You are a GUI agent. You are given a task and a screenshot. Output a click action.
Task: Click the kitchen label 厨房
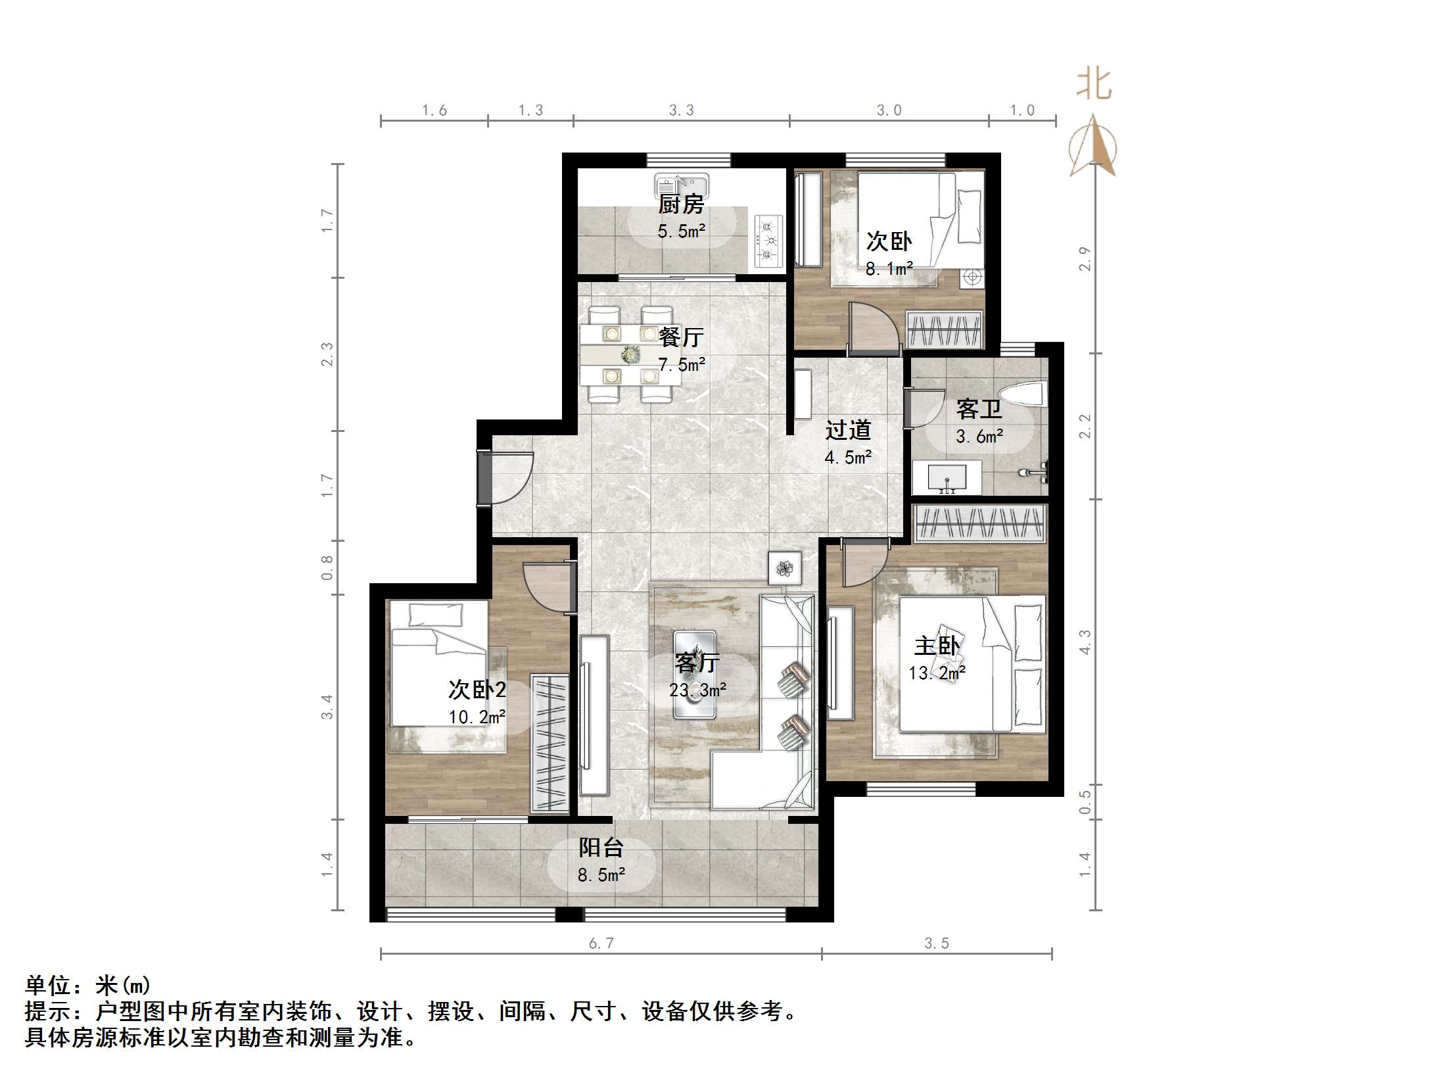pyautogui.click(x=681, y=204)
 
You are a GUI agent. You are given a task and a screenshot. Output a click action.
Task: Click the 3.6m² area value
pyautogui.click(x=979, y=437)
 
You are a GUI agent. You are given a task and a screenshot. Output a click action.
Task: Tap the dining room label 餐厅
pyautogui.click(x=681, y=337)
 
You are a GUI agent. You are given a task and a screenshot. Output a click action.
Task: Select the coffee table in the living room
pyautogui.click(x=694, y=674)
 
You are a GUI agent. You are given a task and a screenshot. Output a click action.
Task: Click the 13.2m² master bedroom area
pyautogui.click(x=936, y=673)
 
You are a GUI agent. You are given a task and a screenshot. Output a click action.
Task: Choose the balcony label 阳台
pyautogui.click(x=601, y=848)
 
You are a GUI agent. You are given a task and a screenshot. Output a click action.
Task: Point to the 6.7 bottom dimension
pyautogui.click(x=601, y=944)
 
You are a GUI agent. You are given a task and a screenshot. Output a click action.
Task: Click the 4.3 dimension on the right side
pyautogui.click(x=1085, y=642)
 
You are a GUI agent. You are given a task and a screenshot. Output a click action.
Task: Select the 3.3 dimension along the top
pyautogui.click(x=681, y=110)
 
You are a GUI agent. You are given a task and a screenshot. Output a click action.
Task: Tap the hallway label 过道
pyautogui.click(x=848, y=430)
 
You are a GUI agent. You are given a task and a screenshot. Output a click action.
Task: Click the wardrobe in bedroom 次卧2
pyautogui.click(x=550, y=743)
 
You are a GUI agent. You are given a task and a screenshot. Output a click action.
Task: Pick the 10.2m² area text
pyautogui.click(x=477, y=717)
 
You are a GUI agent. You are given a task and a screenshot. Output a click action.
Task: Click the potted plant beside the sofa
pyautogui.click(x=785, y=568)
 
